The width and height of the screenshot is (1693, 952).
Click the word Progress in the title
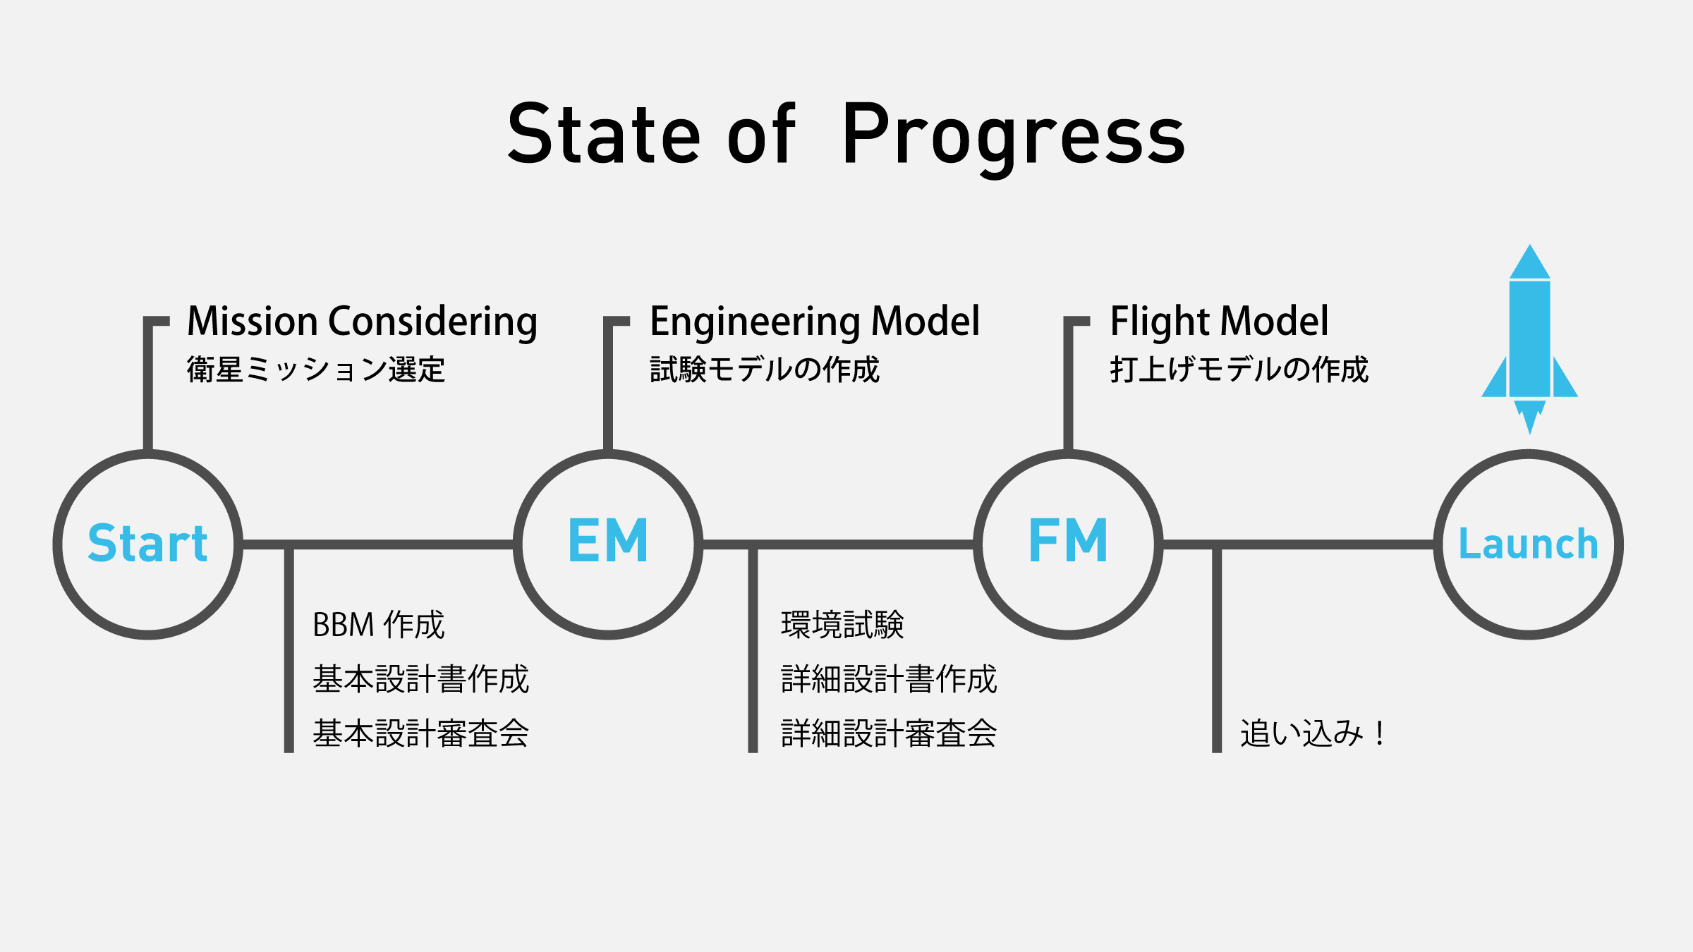1014,138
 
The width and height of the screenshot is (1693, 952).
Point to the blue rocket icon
1529,338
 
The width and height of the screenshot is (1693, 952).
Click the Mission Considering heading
363,322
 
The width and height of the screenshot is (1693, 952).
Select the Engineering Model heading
815,322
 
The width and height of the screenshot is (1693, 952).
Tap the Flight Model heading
1219,322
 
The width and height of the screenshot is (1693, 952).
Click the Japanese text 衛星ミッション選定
316,370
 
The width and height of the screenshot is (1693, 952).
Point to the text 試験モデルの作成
765,370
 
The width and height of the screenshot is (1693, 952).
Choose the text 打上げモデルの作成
1239,370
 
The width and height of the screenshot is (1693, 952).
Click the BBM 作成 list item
379,625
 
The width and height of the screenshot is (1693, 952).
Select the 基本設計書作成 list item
421,679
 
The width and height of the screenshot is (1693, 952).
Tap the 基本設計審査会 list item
421,733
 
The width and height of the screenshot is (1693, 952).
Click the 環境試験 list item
842,625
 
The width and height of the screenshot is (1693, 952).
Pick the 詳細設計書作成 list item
889,679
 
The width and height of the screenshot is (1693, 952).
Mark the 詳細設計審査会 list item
889,733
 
